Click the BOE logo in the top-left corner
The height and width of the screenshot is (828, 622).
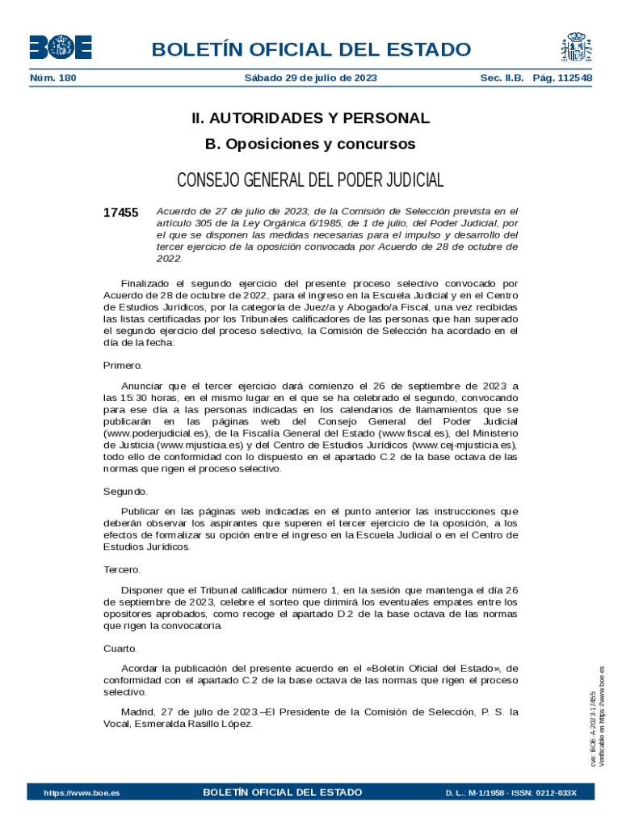pyautogui.click(x=61, y=48)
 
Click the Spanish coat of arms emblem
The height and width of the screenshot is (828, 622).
pyautogui.click(x=574, y=48)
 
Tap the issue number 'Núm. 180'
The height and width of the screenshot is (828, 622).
pyautogui.click(x=53, y=78)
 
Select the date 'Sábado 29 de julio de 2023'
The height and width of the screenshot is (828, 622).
pyautogui.click(x=310, y=78)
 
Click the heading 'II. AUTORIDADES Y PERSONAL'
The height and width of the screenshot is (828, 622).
pyautogui.click(x=310, y=118)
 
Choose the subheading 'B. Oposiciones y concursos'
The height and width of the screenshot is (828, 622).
pyautogui.click(x=310, y=144)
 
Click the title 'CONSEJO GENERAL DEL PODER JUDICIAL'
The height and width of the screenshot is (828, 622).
pyautogui.click(x=310, y=180)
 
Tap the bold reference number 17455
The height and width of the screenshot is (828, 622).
pyautogui.click(x=121, y=213)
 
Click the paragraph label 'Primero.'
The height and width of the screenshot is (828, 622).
pyautogui.click(x=123, y=365)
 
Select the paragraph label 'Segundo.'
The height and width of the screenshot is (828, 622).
pyautogui.click(x=126, y=492)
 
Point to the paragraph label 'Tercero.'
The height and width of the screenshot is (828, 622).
pyautogui.click(x=122, y=570)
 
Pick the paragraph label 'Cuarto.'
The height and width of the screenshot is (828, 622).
pyautogui.click(x=120, y=648)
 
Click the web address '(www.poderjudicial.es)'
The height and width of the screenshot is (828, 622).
pyautogui.click(x=154, y=433)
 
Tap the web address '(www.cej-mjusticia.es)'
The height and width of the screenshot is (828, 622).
pyautogui.click(x=464, y=445)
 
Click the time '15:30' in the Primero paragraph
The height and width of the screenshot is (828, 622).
pyautogui.click(x=132, y=399)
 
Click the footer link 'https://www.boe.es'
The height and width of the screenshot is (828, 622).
pyautogui.click(x=82, y=792)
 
